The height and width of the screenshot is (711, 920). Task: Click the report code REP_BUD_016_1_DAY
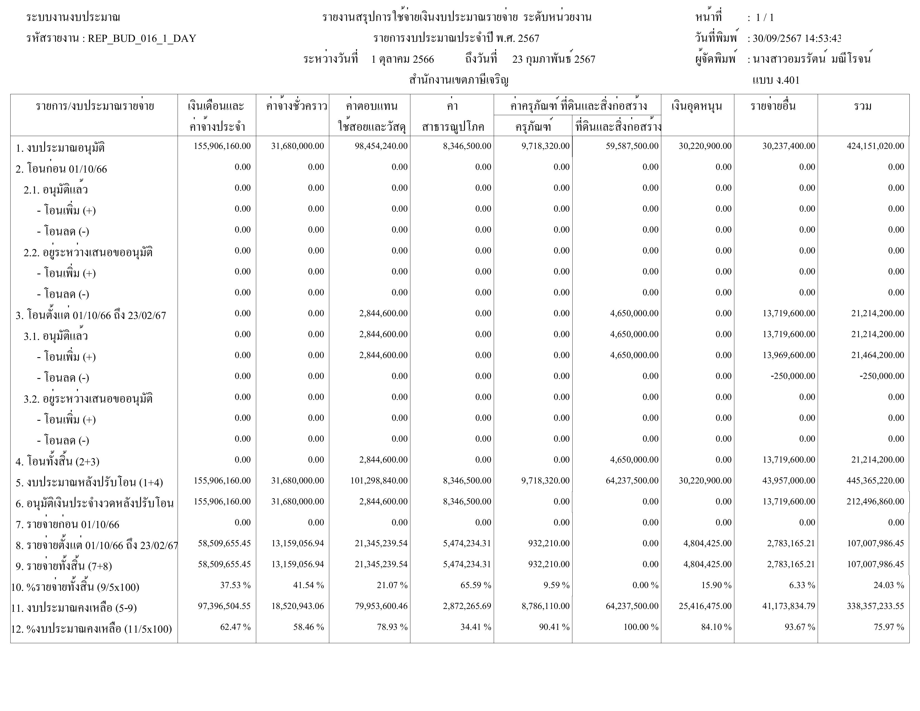142,39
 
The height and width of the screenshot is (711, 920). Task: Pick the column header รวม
863,106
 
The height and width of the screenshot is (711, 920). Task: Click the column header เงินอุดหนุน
697,106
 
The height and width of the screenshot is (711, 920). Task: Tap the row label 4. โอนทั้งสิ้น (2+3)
57,462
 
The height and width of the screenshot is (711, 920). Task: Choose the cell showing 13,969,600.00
789,355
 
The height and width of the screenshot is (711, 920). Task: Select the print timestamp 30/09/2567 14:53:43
796,39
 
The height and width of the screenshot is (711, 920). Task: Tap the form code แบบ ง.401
776,80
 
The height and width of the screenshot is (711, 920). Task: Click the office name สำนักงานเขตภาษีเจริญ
459,80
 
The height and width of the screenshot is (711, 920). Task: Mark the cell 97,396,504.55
224,606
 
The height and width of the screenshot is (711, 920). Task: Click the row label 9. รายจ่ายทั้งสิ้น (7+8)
64,566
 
